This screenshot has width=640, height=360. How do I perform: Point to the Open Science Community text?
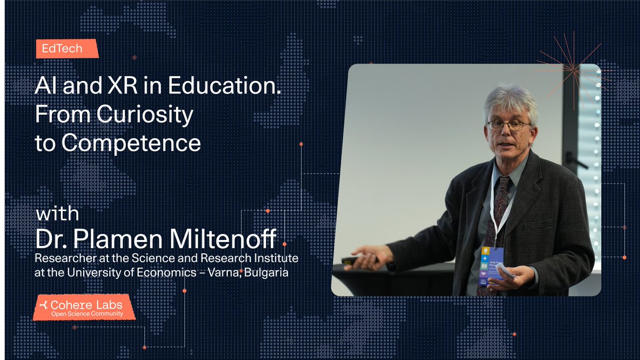pos(86,314)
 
